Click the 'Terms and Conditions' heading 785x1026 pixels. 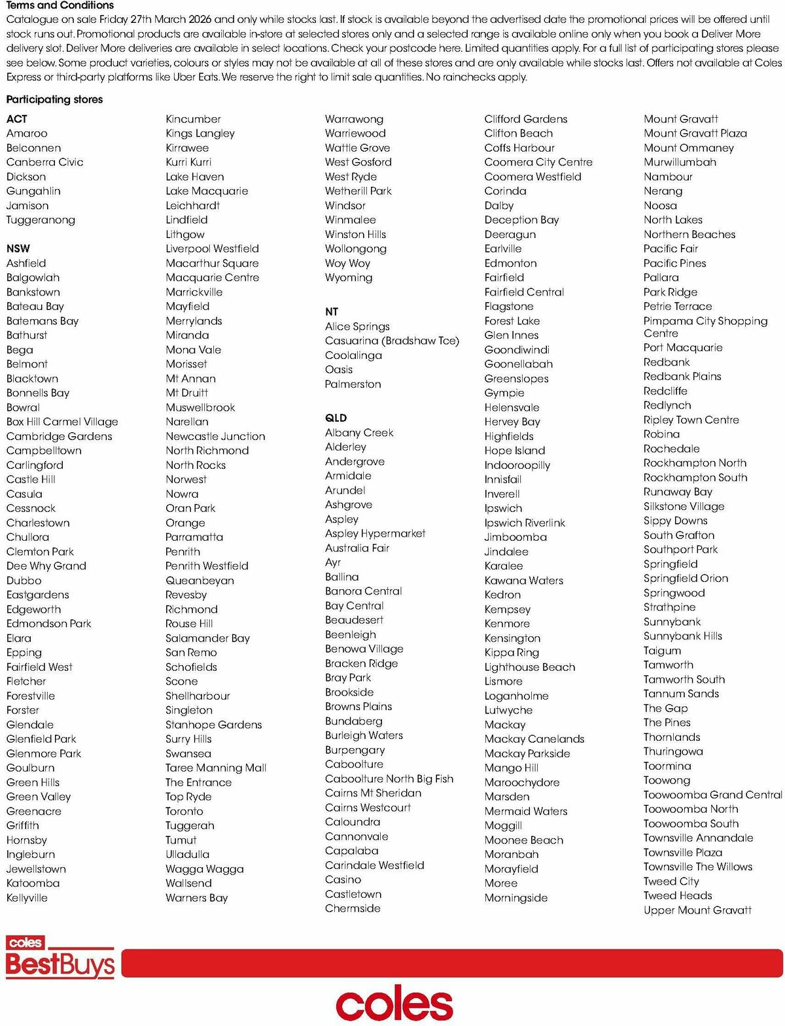[60, 5]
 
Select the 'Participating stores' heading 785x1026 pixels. [54, 99]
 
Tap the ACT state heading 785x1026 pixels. [17, 119]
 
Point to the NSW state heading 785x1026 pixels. [18, 248]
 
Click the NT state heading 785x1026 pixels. [332, 312]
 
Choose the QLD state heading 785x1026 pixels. [336, 418]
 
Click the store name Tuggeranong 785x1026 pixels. [41, 220]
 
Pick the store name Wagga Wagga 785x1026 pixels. [205, 869]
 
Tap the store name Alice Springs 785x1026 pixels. [357, 326]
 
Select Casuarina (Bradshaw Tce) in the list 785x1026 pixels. [392, 341]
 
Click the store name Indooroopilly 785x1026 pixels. [517, 465]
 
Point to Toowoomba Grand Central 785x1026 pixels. [712, 795]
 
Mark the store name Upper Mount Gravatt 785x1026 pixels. [697, 910]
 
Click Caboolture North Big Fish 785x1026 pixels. [389, 779]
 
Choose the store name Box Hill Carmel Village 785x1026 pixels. [62, 422]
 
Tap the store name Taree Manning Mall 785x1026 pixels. [216, 768]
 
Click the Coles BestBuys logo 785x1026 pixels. [60, 957]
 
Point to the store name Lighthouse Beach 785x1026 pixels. [530, 667]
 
